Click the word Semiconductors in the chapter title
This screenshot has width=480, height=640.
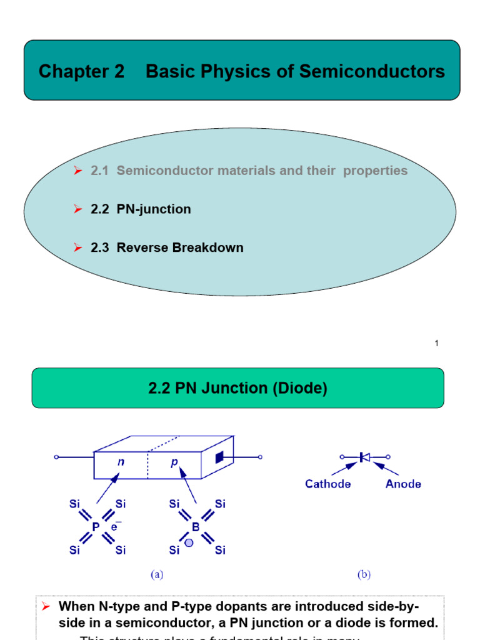click(x=372, y=71)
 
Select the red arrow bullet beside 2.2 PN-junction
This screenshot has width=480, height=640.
click(x=78, y=209)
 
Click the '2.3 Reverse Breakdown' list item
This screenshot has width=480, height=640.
click(x=167, y=247)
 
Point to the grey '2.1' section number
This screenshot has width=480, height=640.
click(x=99, y=171)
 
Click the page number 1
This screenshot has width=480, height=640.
click(x=437, y=343)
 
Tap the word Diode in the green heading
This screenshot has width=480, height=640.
click(x=303, y=388)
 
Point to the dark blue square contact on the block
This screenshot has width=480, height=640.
click(x=219, y=458)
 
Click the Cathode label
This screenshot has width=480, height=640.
click(x=328, y=484)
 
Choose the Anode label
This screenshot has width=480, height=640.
click(x=403, y=484)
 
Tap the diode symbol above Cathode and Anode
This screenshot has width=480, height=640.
click(x=364, y=457)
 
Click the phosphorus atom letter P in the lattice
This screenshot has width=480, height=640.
click(x=96, y=527)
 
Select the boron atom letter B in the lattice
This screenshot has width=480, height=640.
click(x=196, y=527)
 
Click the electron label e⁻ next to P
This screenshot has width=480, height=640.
click(x=116, y=526)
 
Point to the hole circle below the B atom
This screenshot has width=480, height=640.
click(x=189, y=542)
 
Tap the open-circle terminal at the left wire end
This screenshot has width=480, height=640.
click(x=56, y=457)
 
